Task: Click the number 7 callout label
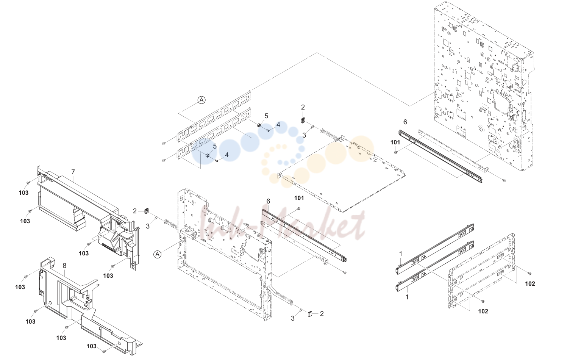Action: click(x=73, y=172)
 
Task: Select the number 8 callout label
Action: click(x=64, y=266)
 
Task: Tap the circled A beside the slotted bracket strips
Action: click(x=201, y=100)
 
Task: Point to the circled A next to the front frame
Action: click(x=158, y=254)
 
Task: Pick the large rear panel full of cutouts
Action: click(x=483, y=86)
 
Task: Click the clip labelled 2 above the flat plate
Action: click(x=303, y=120)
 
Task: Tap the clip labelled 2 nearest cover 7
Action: click(x=146, y=211)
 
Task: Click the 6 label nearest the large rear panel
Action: click(x=405, y=122)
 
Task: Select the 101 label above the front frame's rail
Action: click(x=299, y=198)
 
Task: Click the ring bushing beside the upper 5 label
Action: click(x=259, y=125)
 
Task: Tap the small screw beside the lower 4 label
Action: click(x=217, y=161)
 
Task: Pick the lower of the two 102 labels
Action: click(x=483, y=311)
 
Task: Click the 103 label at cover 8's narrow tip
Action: click(x=92, y=346)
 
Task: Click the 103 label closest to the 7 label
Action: click(x=23, y=193)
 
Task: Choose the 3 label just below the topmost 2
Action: click(x=304, y=135)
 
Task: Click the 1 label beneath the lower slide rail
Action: click(x=407, y=297)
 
